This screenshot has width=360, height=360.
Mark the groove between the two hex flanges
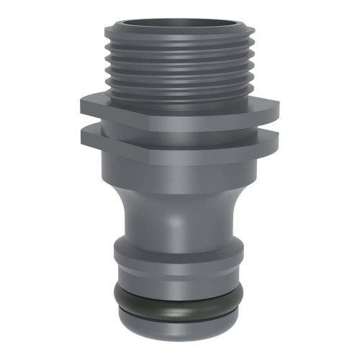click(180, 128)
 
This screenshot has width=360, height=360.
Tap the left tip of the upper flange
click(82, 105)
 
